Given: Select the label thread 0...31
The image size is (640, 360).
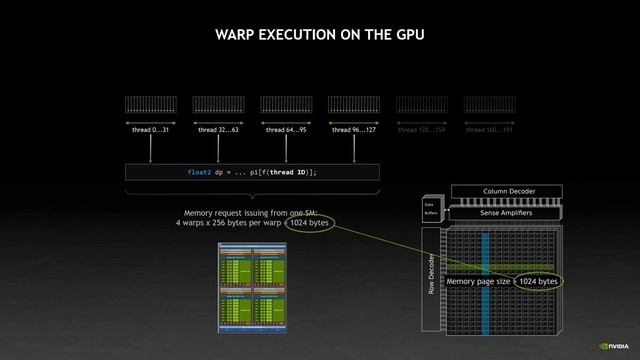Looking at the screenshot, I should [x=151, y=130].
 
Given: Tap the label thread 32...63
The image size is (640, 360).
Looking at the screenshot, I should [x=218, y=130].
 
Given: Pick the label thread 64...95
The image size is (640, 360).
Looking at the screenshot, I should [x=286, y=130].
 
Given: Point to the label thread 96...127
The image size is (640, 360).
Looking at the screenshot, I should [x=354, y=130].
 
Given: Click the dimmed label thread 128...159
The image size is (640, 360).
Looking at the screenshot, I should [x=421, y=130].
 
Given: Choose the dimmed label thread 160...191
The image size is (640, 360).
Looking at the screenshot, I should [x=489, y=130].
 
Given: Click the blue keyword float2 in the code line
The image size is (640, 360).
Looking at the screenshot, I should [x=199, y=172].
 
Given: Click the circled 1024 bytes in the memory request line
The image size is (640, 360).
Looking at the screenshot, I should [x=310, y=222].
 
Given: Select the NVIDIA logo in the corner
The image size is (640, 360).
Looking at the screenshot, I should [x=615, y=345].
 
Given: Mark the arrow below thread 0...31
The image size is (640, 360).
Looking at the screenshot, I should [x=151, y=149].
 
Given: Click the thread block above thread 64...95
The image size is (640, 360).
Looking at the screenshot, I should [x=286, y=105].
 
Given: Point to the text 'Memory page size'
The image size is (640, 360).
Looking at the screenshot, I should [x=479, y=282].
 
